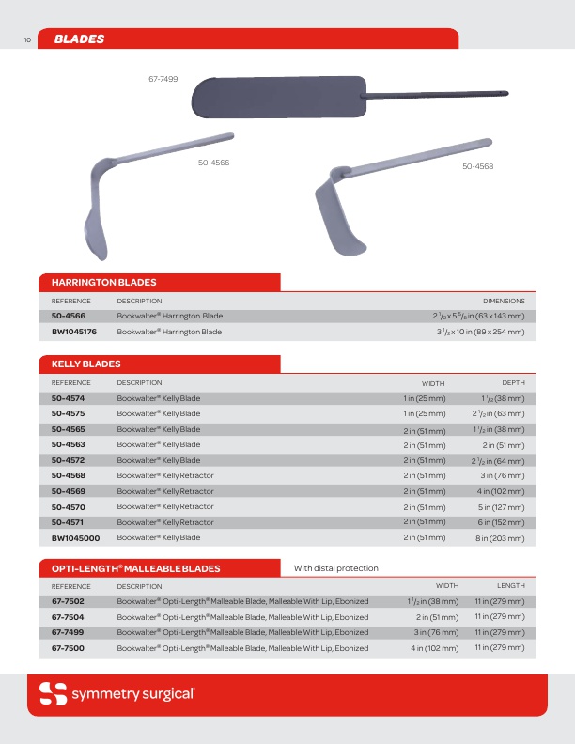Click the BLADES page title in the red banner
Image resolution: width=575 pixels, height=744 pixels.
point(79,39)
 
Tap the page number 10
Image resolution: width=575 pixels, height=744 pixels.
point(28,40)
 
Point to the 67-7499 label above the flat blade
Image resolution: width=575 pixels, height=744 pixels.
point(163,80)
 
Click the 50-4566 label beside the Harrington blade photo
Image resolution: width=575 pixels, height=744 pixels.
point(214,163)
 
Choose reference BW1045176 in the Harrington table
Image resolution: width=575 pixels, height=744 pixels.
point(74,332)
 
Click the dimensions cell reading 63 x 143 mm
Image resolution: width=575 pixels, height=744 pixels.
point(473,316)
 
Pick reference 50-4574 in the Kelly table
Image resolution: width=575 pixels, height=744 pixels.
point(68,398)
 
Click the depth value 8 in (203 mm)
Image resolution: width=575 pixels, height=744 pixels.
point(500,538)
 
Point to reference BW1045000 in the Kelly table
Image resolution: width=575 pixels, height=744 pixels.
point(75,538)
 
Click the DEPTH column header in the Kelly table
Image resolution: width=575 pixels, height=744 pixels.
point(513,383)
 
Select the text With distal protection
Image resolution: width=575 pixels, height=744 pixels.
point(336,568)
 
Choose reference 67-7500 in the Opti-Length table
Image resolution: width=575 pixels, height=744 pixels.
point(68,648)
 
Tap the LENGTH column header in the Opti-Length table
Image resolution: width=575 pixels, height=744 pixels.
point(511,586)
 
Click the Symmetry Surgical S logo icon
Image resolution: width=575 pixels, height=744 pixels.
point(52,694)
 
